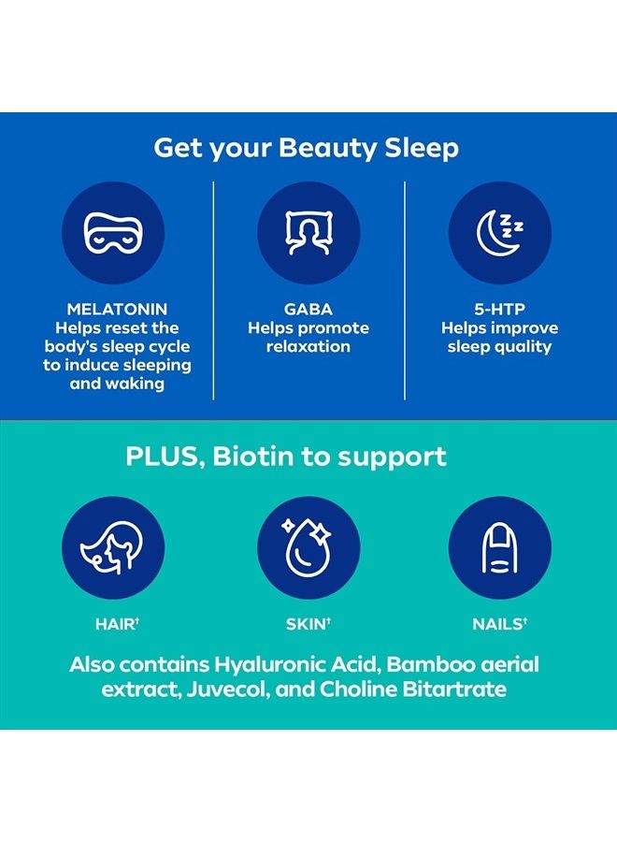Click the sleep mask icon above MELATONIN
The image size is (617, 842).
click(x=113, y=232)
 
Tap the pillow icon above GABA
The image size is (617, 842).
click(x=308, y=232)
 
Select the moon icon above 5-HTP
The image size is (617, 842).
click(x=499, y=232)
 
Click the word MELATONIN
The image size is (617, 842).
click(x=117, y=309)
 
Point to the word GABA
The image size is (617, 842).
click(x=308, y=309)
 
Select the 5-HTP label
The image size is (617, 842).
click(x=499, y=309)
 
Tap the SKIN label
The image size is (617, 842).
click(x=308, y=622)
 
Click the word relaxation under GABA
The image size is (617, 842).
click(x=308, y=347)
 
